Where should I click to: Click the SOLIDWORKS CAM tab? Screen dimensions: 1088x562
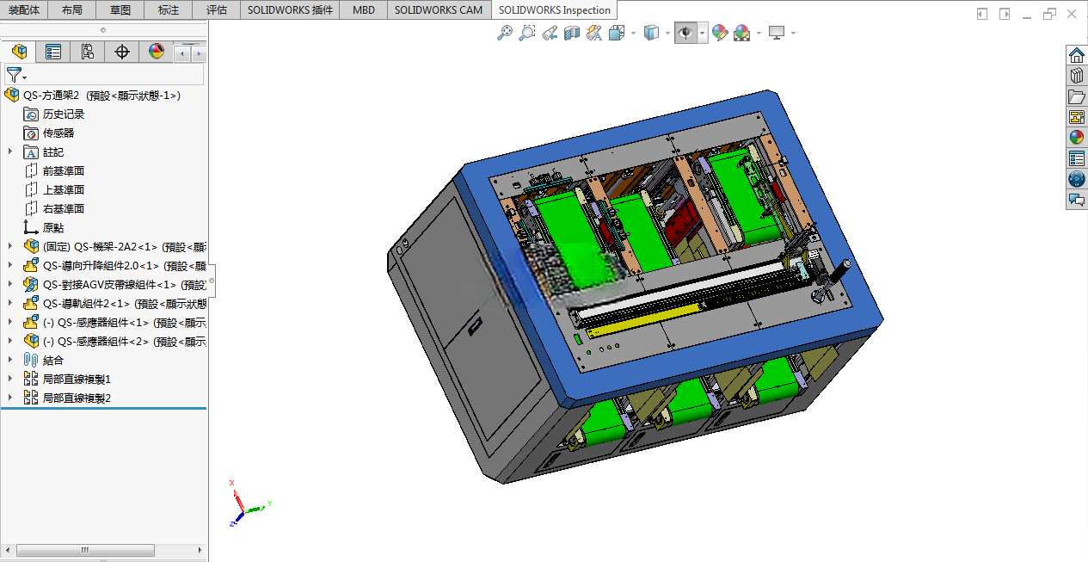coord(438,10)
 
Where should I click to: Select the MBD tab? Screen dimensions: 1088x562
coord(363,10)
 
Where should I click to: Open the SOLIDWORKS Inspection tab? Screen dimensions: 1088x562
coord(554,10)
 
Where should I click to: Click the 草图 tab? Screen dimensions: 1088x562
coord(120,10)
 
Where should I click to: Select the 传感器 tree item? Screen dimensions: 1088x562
coord(58,133)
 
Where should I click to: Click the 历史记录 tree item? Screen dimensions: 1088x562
coord(63,114)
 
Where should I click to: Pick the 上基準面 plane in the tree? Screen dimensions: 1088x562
coord(63,190)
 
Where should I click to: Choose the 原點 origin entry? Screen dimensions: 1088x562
coord(53,228)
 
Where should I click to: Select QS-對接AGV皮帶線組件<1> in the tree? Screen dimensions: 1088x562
coord(125,285)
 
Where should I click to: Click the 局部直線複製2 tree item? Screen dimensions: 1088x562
coord(77,398)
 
